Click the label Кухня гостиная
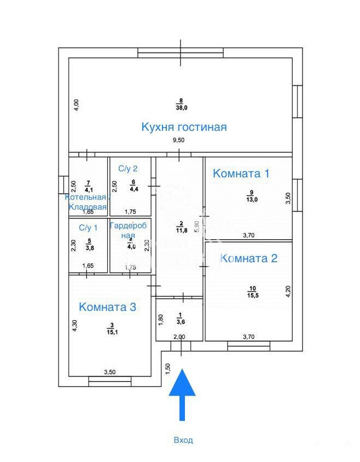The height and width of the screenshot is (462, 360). (x=184, y=127)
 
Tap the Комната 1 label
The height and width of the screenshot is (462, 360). (x=241, y=174)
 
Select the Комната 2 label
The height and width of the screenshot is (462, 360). (x=248, y=258)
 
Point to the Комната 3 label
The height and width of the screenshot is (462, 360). (x=107, y=307)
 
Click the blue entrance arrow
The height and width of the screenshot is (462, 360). (x=183, y=394)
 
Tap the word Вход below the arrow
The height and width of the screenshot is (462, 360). (x=183, y=440)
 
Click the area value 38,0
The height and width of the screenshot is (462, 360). (x=181, y=108)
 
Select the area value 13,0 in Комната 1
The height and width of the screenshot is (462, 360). (x=251, y=199)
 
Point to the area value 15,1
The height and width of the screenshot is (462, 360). (x=111, y=331)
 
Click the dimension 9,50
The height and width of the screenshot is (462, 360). (x=179, y=141)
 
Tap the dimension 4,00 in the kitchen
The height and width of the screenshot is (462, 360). (x=77, y=105)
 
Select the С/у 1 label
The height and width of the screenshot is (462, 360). (x=88, y=228)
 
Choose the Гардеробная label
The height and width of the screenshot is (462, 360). (x=129, y=230)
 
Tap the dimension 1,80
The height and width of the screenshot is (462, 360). (x=161, y=319)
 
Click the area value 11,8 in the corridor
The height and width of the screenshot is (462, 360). (x=181, y=230)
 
